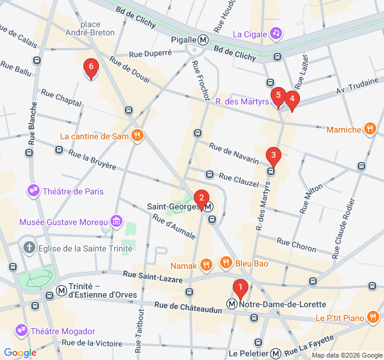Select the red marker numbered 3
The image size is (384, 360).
click(273, 157)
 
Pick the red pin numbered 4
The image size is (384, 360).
click(292, 100)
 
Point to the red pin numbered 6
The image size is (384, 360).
click(91, 67)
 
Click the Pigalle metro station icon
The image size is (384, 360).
click(203, 40)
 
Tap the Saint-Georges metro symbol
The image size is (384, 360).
click(208, 207)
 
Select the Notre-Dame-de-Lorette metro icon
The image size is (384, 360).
click(232, 304)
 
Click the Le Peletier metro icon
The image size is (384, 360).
click(275, 353)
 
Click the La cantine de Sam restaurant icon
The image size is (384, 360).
click(137, 136)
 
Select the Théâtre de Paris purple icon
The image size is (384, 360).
click(33, 191)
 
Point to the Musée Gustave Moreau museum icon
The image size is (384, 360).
click(116, 222)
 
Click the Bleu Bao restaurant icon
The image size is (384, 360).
click(226, 262)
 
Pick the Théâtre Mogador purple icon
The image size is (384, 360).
click(22, 331)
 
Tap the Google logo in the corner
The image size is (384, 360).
click(20, 353)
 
